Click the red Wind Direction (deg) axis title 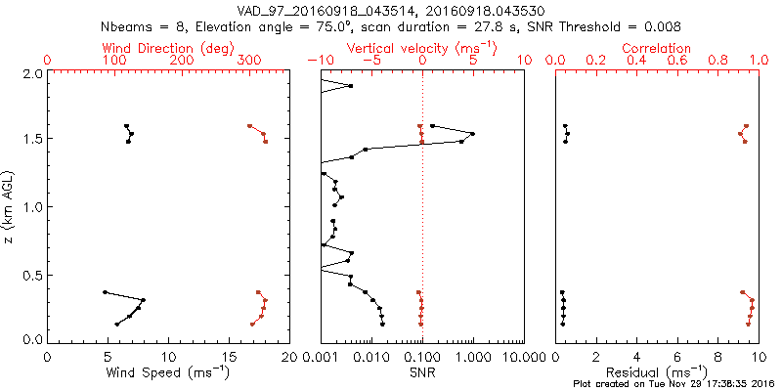[168, 48]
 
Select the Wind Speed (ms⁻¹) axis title [168, 371]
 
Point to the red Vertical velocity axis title [421, 48]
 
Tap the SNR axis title [421, 371]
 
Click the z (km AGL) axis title [12, 205]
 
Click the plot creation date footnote [674, 384]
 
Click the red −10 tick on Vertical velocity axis [320, 60]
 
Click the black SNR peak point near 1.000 [472, 134]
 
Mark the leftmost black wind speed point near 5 [105, 291]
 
